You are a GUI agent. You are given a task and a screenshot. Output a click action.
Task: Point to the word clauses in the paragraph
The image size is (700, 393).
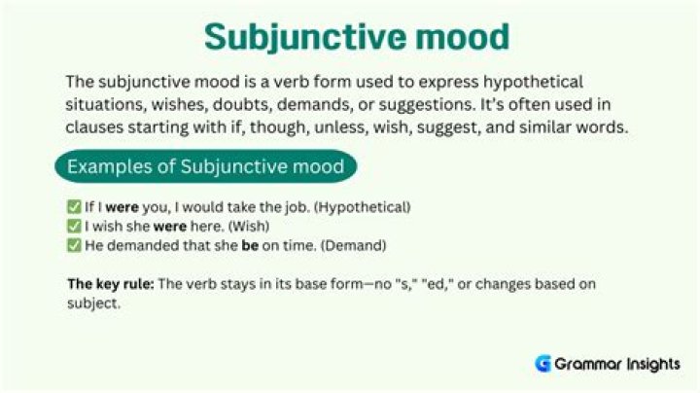[96, 128]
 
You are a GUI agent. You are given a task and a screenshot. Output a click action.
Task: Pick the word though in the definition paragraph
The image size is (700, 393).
[341, 128]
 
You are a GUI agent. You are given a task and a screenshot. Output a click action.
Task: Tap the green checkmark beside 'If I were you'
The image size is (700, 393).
[74, 207]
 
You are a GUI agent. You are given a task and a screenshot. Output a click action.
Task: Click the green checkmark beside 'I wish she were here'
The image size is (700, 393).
[74, 226]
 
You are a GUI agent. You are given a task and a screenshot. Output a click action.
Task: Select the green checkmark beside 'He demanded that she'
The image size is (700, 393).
[74, 245]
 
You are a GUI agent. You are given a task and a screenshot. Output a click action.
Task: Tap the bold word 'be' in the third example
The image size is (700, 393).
[250, 245]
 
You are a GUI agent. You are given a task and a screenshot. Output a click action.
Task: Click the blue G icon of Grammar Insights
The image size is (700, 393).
[543, 364]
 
